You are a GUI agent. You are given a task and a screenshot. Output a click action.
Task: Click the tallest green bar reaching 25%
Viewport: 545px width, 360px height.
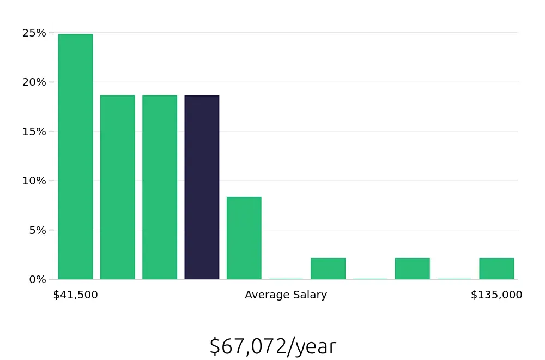[x=75, y=157]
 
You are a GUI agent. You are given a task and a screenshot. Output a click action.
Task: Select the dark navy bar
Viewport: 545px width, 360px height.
[x=202, y=187]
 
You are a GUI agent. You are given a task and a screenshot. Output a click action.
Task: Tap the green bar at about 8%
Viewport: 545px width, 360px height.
[x=244, y=238]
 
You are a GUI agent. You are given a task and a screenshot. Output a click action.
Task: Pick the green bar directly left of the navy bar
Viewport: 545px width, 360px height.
[x=160, y=187]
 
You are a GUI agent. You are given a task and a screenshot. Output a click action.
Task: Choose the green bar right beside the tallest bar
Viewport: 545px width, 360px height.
[x=117, y=187]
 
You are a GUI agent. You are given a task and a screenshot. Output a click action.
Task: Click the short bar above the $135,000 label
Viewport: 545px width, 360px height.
[x=496, y=268]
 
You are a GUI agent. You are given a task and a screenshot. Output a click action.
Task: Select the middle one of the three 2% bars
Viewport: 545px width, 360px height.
[x=412, y=268]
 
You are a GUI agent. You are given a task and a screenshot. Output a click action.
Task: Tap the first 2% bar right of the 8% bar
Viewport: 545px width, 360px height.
[x=328, y=268]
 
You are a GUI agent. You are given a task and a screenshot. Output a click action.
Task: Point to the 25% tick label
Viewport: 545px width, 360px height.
[x=34, y=33]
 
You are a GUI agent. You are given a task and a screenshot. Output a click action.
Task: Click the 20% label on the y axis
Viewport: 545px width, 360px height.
[x=34, y=82]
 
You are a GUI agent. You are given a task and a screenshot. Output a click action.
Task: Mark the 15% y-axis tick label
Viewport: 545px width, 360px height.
[x=34, y=131]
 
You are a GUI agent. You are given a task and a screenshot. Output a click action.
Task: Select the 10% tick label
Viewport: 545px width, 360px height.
[x=34, y=181]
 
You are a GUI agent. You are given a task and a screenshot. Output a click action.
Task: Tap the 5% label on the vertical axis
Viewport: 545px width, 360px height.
[x=37, y=230]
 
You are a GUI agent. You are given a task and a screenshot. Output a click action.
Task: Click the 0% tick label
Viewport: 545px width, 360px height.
[x=37, y=279]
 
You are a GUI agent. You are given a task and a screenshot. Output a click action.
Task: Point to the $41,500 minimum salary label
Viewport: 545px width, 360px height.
[x=75, y=295]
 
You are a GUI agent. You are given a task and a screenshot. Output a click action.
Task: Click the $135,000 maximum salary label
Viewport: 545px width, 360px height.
[x=496, y=295]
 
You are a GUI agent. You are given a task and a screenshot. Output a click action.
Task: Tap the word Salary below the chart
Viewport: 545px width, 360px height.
[x=310, y=295]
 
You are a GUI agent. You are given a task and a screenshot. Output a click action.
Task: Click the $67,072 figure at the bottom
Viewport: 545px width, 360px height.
[x=248, y=346]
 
